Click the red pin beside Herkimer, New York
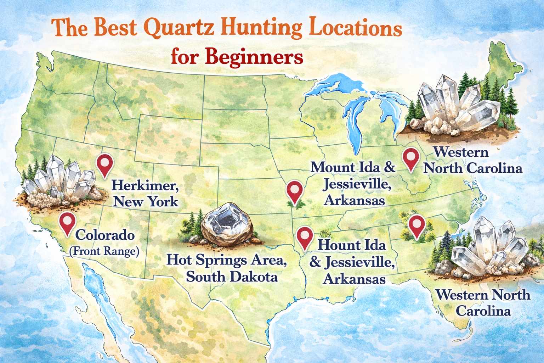point(105,164)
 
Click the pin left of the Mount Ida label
point(294,191)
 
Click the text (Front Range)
point(103,252)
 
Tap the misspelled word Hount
point(338,245)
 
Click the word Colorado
point(104,235)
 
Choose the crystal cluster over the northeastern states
point(457,106)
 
